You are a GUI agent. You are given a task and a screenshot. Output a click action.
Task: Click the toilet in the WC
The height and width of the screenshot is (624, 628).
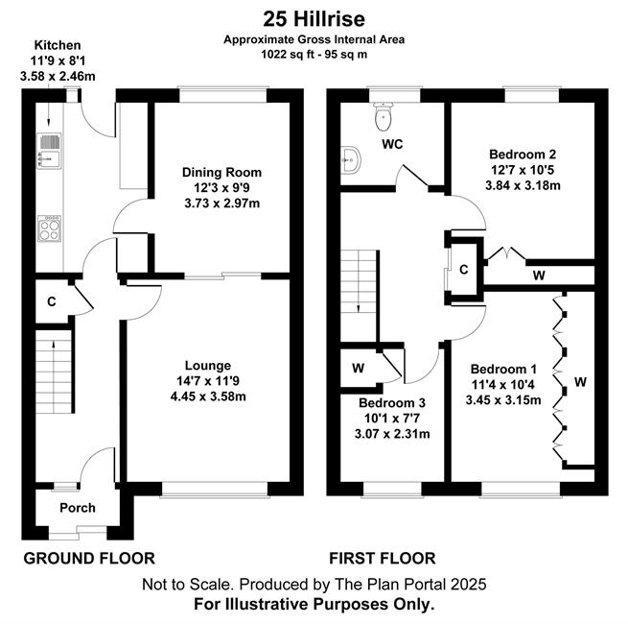pyautogui.click(x=384, y=116)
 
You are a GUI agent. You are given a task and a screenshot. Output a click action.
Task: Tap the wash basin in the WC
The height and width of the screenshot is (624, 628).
pyautogui.click(x=352, y=160)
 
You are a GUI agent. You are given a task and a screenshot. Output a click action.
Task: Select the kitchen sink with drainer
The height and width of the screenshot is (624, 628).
pyautogui.click(x=50, y=151)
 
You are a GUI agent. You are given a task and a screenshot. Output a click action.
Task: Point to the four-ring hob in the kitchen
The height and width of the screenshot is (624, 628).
pyautogui.click(x=50, y=228)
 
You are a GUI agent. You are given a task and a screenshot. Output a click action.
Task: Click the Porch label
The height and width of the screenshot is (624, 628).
pyautogui.click(x=78, y=508)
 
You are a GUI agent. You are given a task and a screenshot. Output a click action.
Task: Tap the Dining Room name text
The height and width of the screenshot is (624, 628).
pyautogui.click(x=221, y=173)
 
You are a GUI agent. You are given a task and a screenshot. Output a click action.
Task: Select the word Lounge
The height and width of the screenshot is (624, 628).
pyautogui.click(x=208, y=366)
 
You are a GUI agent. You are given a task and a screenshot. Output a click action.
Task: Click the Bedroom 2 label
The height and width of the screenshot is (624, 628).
pyautogui.click(x=523, y=154)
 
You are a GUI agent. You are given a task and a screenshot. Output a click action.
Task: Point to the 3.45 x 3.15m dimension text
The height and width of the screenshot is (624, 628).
pyautogui.click(x=503, y=399)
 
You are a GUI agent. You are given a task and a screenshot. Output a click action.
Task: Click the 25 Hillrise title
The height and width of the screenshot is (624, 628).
pyautogui.click(x=314, y=19)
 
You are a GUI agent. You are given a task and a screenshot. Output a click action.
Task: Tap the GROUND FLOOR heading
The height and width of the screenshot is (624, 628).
pyautogui.click(x=89, y=558)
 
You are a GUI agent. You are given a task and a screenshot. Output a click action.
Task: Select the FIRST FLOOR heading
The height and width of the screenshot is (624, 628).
pyautogui.click(x=383, y=558)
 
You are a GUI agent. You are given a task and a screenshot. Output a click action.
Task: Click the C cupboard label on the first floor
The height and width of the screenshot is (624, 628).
pyautogui.click(x=464, y=270)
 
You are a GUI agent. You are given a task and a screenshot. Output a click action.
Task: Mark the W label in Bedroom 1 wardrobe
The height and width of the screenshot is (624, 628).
pyautogui.click(x=580, y=382)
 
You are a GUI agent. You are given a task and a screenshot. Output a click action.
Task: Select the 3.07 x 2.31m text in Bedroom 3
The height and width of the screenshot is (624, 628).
pyautogui.click(x=392, y=434)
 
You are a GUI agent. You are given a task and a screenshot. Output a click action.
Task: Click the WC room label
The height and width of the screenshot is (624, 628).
pyautogui.click(x=392, y=144)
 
